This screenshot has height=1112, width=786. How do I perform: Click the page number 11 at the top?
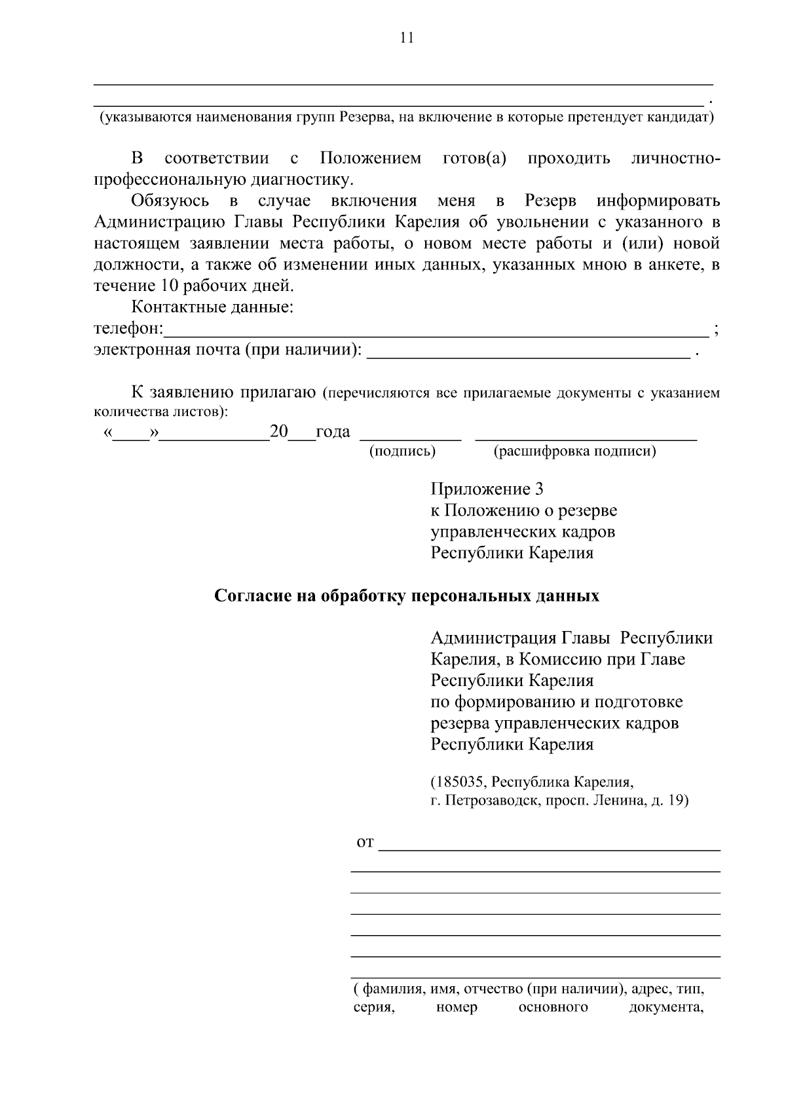pos(407,38)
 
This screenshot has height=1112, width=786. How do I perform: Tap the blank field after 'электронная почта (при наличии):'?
pos(528,353)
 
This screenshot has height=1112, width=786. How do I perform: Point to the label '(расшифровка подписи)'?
pos(574,451)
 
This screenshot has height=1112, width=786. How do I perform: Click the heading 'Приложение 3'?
pos(487,489)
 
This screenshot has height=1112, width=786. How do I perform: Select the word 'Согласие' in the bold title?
pos(250,596)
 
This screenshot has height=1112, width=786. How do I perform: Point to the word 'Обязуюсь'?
pos(170,201)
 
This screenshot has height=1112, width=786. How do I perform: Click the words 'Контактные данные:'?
pos(212,307)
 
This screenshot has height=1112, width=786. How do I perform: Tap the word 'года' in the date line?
pos(333,432)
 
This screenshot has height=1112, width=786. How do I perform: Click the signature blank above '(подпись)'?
pos(411,434)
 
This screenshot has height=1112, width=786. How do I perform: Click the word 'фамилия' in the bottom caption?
pos(386,989)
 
